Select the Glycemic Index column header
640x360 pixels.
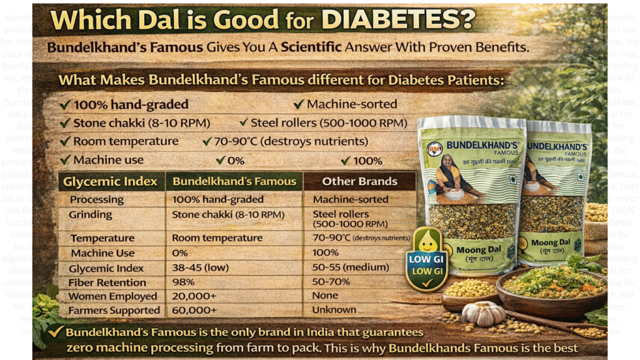point(110,182)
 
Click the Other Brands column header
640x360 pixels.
point(359,182)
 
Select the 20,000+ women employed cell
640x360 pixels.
point(191,296)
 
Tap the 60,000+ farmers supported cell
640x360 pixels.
point(191,310)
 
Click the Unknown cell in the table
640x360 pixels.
point(334,310)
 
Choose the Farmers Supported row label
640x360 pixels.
point(114,310)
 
